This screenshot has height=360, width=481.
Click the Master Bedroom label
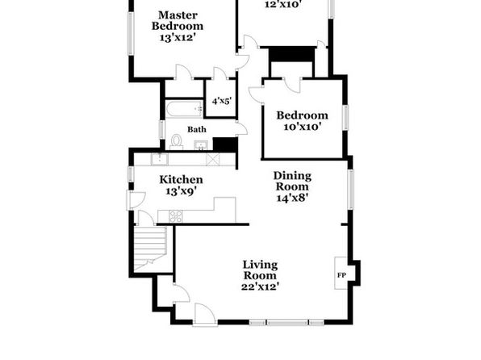pos(178,20)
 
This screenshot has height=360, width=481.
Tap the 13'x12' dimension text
pos(178,37)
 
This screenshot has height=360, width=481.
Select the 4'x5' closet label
pos(221,101)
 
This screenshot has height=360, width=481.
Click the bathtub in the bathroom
pos(185,109)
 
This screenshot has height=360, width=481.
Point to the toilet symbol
pos(177,142)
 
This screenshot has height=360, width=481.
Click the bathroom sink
pos(201,144)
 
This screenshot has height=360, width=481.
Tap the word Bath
pos(197,129)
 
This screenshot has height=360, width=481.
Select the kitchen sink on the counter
pos(160,159)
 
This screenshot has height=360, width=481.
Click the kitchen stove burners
pos(176,216)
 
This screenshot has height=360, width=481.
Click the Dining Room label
pos(292,181)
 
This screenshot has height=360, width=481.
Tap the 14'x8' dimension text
pos(292,198)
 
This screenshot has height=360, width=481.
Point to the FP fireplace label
pos(341,275)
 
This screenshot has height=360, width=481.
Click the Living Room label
pos(260,270)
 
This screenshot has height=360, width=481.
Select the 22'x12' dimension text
pos(260,287)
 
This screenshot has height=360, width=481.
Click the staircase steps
pos(150,248)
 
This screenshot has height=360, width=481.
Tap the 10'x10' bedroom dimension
pos(302,127)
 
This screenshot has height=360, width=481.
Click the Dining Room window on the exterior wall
pos(351,190)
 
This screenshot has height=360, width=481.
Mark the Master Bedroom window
pos(131,33)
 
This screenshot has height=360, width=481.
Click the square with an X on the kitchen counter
pos(213,159)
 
